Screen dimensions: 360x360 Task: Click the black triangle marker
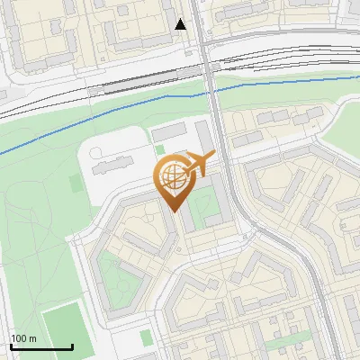(x=181, y=24)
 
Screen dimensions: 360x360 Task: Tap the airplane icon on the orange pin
(x=198, y=165)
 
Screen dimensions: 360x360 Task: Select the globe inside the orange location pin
(x=172, y=177)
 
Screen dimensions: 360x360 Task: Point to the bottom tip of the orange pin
(x=175, y=212)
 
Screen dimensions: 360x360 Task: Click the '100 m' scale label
(x=23, y=338)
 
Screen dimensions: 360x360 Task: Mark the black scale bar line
(x=41, y=346)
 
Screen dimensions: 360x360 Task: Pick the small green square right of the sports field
(x=148, y=337)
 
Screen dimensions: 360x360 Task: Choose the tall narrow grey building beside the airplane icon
(x=205, y=140)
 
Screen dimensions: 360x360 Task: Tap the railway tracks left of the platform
(x=45, y=99)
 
